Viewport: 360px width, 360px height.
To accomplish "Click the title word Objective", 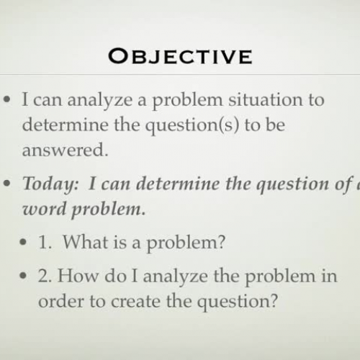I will [181, 55].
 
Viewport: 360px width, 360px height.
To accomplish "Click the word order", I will [60, 300].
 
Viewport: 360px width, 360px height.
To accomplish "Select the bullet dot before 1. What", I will [27, 243].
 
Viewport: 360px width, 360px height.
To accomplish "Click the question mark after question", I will [272, 300].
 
